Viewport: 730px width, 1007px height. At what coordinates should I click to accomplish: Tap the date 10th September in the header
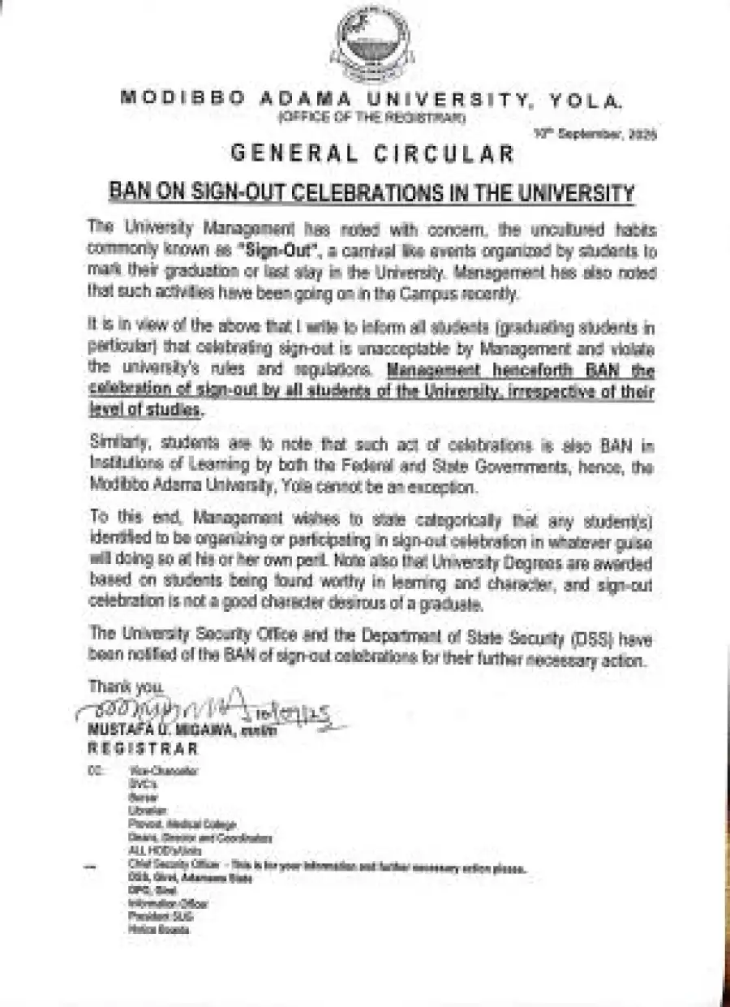tap(595, 135)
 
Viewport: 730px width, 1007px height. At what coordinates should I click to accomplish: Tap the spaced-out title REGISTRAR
tap(143, 747)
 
